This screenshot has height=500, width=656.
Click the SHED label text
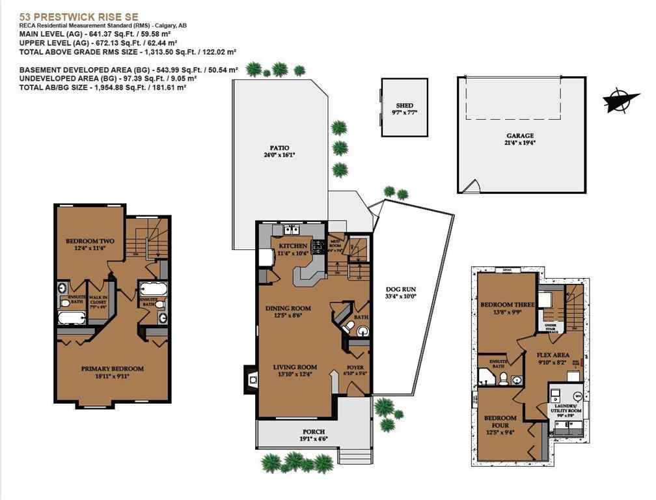pos(404,105)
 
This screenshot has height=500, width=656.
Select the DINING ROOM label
pos(288,308)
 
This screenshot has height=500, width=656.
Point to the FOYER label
pos(355,367)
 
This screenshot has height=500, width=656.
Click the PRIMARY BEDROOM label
pos(113,368)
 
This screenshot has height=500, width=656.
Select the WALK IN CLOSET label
pos(99,302)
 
